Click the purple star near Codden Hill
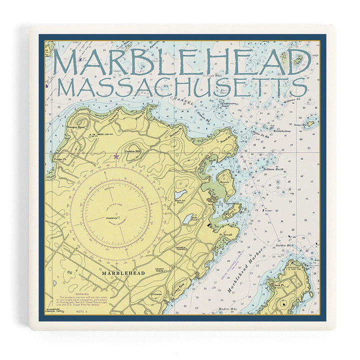(x=116, y=156)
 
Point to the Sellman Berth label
(x=273, y=170)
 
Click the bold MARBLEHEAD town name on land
(x=122, y=273)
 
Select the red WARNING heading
(x=81, y=294)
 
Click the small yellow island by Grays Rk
(x=310, y=123)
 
